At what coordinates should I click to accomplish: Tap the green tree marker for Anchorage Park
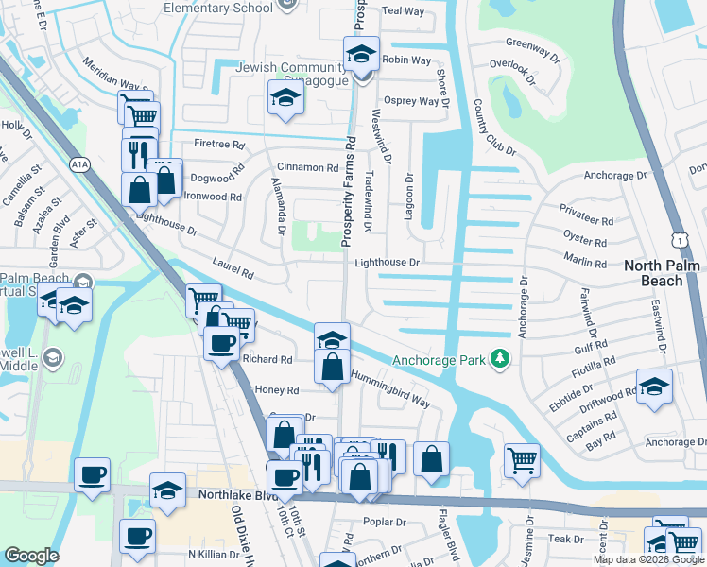tap(501, 359)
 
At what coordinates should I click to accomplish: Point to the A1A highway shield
tap(79, 163)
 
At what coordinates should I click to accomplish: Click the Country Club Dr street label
tap(495, 127)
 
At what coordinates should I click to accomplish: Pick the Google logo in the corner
tap(32, 556)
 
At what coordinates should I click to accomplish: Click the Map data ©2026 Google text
tap(648, 559)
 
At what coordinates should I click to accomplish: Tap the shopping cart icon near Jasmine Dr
tap(522, 460)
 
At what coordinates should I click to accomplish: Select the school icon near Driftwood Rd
tap(654, 387)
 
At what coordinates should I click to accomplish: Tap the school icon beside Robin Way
tap(361, 54)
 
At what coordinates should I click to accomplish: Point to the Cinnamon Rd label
tap(306, 167)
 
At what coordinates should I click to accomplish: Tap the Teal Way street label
tap(403, 11)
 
